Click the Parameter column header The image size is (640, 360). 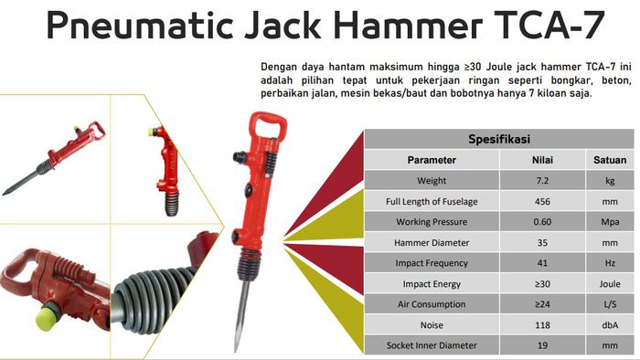(x=432, y=160)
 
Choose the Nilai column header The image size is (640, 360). (x=542, y=160)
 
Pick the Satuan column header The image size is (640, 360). (x=610, y=160)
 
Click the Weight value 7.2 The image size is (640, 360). (x=542, y=181)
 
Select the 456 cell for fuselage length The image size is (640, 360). (x=542, y=202)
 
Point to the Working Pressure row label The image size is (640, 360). (x=432, y=222)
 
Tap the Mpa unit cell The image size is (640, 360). (x=610, y=222)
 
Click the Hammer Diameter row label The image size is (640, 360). (x=432, y=243)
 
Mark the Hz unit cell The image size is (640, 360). (x=610, y=264)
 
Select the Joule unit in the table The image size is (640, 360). (x=610, y=284)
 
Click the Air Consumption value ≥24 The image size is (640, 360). (x=542, y=305)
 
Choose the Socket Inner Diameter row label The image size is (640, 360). (x=432, y=346)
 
